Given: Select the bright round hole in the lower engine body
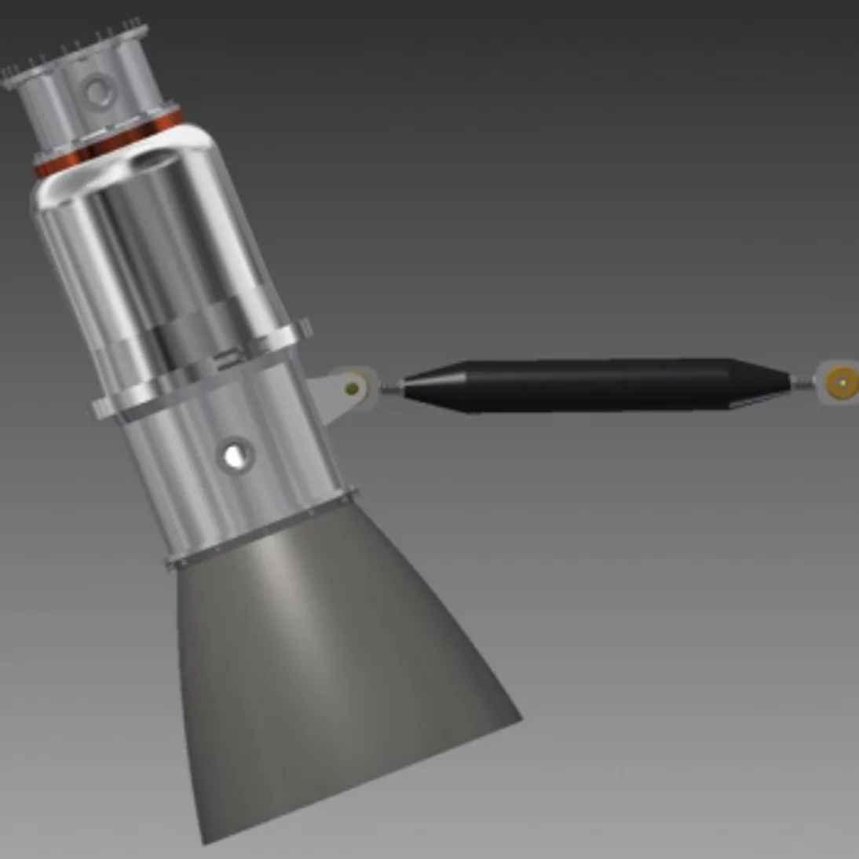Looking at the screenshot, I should coord(234,455).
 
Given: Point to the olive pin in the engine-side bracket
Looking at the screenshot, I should coord(353,387).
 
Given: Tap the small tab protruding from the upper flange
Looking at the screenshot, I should coord(305,327).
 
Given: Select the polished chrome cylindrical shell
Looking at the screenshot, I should coord(157,243).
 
